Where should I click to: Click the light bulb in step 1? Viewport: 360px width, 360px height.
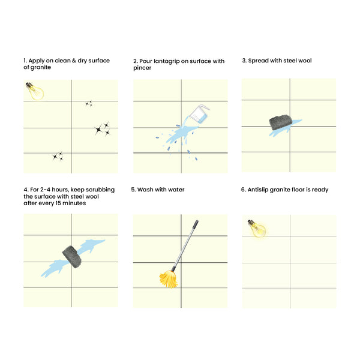point(35,91)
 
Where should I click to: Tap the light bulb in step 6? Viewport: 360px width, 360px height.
point(257,229)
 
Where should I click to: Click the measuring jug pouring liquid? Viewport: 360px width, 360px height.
point(199,114)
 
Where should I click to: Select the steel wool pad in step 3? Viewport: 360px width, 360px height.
point(281,123)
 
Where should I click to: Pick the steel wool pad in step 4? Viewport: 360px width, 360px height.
point(72,257)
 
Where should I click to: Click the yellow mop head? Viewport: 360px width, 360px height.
point(169,279)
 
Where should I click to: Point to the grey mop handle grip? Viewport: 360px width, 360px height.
point(196,225)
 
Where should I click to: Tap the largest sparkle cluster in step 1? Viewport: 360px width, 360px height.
point(102,129)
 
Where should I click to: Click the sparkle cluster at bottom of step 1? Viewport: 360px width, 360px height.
point(58,157)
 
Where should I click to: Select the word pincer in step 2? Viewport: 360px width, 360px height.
point(142,68)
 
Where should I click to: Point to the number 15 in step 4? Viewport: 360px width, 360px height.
point(58,203)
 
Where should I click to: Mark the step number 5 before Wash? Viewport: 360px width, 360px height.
point(133,190)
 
